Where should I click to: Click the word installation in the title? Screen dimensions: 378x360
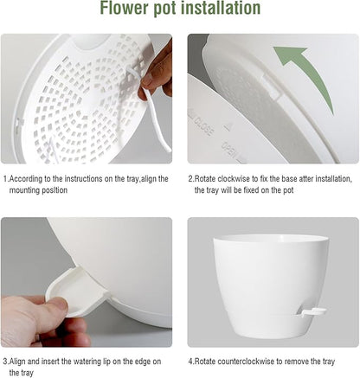(x=216, y=10)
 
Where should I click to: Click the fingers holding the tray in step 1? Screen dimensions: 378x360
(x=157, y=73)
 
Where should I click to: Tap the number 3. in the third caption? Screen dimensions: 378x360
(x=5, y=361)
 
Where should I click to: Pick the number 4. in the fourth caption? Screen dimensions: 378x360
(x=191, y=361)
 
